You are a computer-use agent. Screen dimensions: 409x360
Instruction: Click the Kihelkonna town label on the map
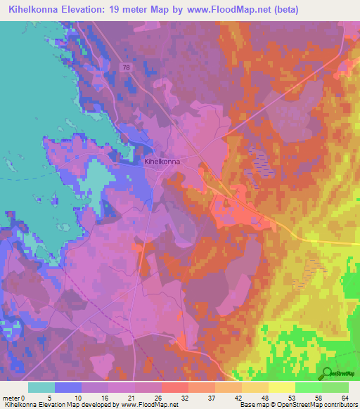pyautogui.click(x=162, y=162)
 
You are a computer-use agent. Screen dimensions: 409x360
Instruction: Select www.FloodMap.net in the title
pyautogui.click(x=226, y=10)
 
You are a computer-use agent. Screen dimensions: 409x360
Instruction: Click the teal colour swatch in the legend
pyautogui.click(x=41, y=387)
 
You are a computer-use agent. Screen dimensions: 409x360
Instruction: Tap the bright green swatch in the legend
pyautogui.click(x=308, y=387)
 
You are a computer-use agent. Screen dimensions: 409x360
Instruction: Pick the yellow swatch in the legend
pyautogui.click(x=281, y=387)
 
